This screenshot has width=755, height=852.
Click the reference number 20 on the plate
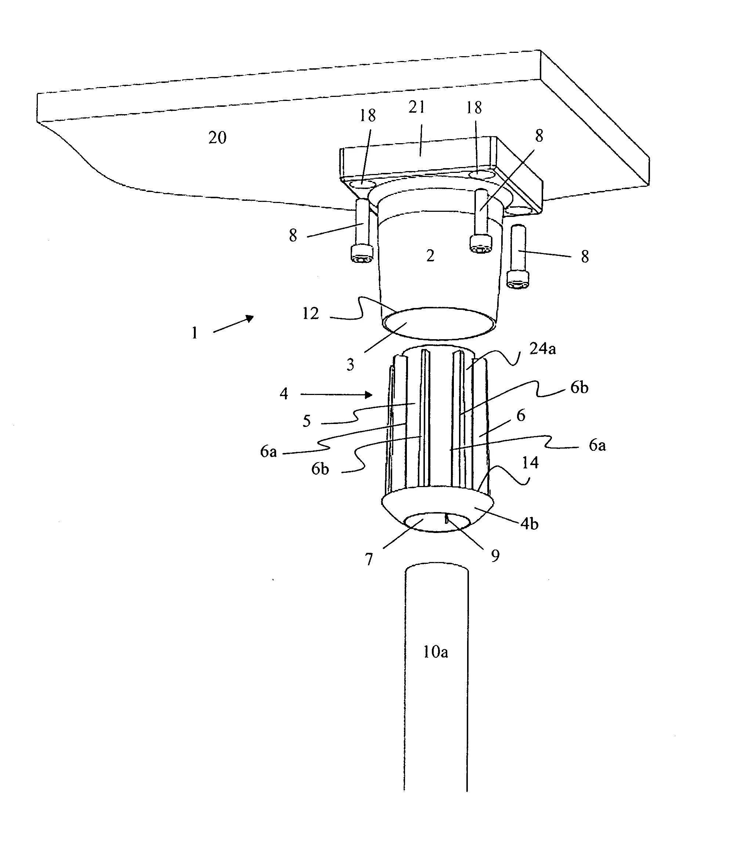217,138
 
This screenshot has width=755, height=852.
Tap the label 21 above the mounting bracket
416,107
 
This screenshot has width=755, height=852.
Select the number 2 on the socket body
430,255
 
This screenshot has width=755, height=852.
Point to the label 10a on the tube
436,652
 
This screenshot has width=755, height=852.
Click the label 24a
542,348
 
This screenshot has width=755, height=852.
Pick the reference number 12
311,313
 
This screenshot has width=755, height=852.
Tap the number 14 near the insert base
530,462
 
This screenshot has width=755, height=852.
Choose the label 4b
530,523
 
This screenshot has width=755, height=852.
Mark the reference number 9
495,556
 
